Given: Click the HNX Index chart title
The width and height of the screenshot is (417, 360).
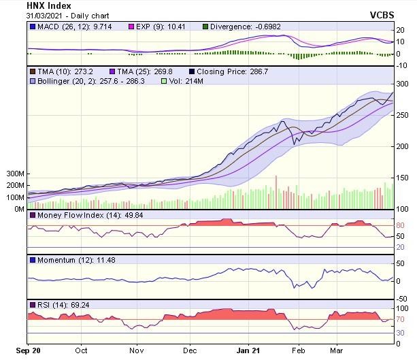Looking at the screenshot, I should (48, 5).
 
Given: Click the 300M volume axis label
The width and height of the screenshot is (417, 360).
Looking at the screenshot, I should (15, 174).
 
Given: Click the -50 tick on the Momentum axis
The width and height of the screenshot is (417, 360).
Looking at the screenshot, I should (403, 298).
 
